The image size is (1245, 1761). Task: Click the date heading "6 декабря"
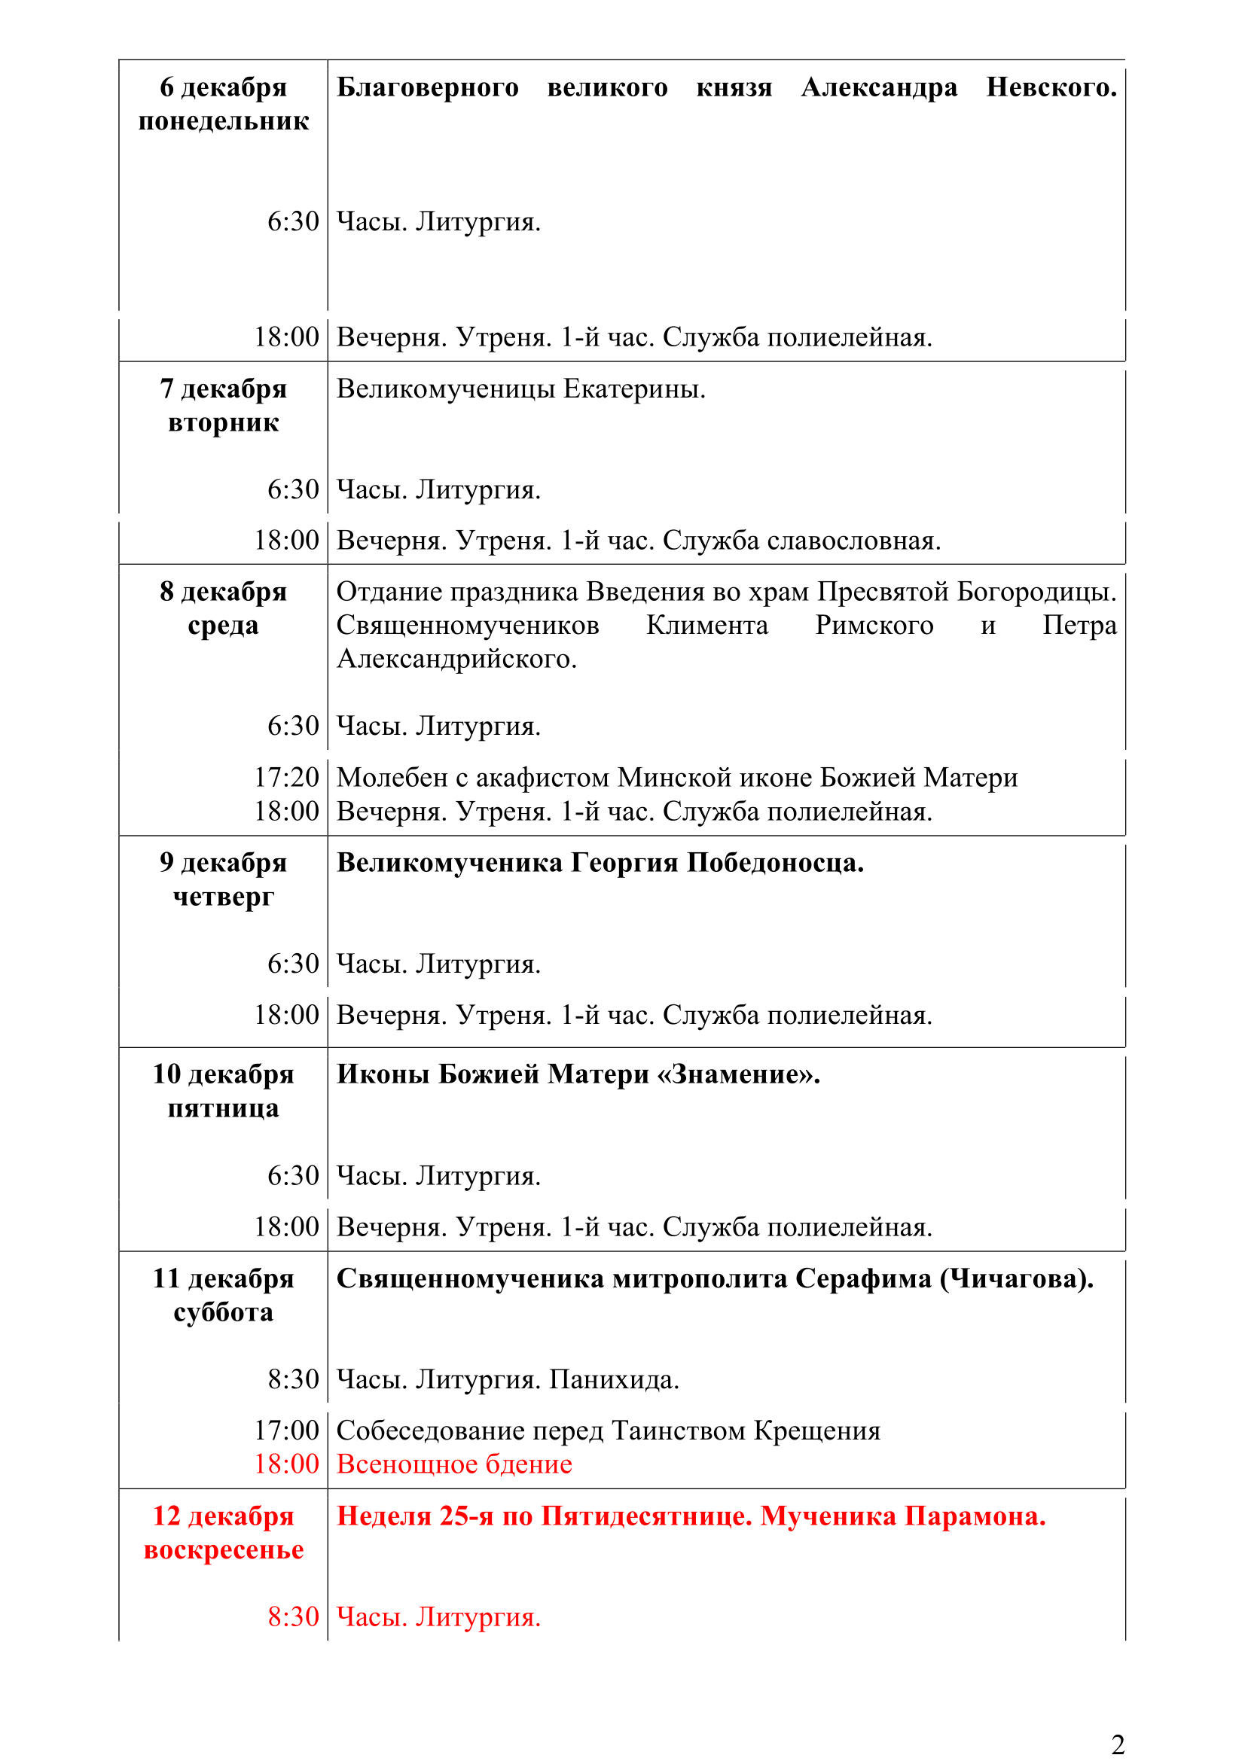[222, 87]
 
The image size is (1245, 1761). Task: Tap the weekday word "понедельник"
[223, 121]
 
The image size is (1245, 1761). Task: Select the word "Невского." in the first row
[1051, 87]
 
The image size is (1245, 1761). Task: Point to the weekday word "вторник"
[223, 422]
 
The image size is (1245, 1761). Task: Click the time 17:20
[286, 778]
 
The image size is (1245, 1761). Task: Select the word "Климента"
[706, 625]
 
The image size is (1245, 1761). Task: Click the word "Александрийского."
[456, 659]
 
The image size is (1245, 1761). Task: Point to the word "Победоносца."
[775, 863]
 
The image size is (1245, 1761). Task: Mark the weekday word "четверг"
[223, 897]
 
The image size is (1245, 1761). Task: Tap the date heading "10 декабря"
[222, 1074]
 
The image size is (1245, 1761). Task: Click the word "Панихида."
[614, 1380]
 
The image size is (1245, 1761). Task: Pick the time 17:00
[286, 1430]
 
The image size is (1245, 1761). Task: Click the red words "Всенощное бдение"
[454, 1464]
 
